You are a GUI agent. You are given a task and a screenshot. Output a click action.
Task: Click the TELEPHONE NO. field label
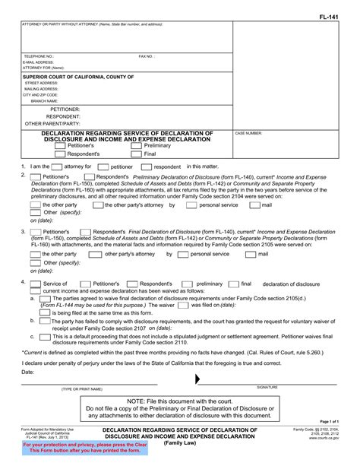39,55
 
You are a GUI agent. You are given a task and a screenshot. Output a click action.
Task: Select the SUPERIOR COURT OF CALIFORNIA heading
78,77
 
